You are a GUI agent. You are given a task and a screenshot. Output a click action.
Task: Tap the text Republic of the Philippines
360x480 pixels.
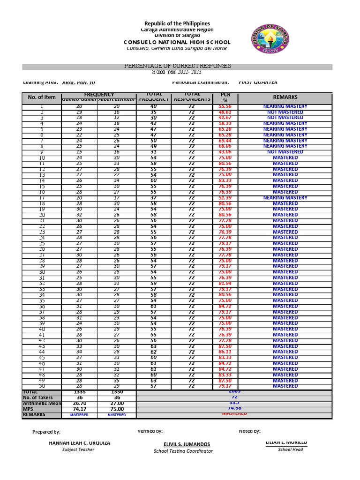[x=177, y=23]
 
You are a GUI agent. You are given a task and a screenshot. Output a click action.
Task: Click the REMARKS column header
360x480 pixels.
[x=285, y=97]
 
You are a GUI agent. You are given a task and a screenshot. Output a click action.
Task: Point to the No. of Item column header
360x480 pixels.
[x=42, y=97]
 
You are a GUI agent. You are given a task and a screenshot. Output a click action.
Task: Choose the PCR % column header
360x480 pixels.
[x=225, y=97]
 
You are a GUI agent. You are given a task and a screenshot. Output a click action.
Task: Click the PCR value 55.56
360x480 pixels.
[x=225, y=107]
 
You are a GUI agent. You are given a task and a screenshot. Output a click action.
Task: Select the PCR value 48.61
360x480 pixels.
[x=225, y=112]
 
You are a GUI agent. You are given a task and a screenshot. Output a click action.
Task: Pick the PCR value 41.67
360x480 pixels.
[x=225, y=118]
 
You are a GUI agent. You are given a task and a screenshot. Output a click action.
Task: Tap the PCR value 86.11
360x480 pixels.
[x=225, y=352]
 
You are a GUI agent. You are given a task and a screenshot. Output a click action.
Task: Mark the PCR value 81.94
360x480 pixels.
[x=225, y=284]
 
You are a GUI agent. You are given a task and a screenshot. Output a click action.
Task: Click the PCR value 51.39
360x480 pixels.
[x=225, y=198]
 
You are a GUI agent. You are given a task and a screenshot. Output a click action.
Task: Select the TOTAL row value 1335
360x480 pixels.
[x=79, y=392]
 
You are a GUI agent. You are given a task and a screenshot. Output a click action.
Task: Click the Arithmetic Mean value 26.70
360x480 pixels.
[x=79, y=403]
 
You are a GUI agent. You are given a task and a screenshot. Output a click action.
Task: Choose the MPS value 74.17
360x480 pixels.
[x=79, y=409]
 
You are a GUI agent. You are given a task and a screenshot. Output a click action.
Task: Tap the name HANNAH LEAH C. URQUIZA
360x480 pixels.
[x=80, y=443]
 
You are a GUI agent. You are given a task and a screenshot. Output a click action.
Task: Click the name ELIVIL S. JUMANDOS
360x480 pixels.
[x=183, y=444]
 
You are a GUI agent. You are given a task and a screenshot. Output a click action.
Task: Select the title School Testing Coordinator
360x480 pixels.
[x=183, y=451]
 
